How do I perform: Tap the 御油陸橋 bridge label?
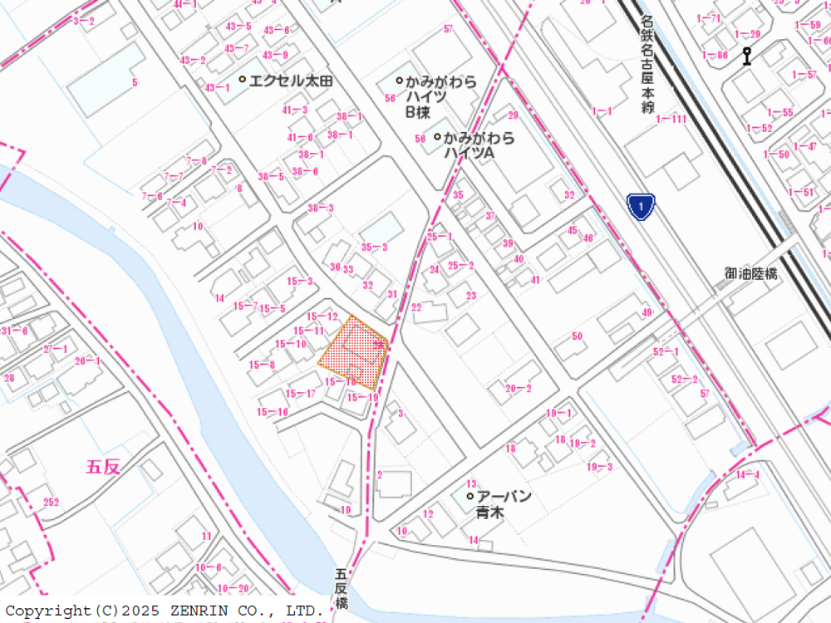tap(750, 273)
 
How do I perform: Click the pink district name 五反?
tap(103, 467)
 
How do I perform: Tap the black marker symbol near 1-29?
tap(747, 56)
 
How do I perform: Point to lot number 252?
tap(51, 502)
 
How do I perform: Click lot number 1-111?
tap(671, 120)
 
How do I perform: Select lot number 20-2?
tap(518, 388)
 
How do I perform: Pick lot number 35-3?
tap(374, 247)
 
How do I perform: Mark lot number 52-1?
tap(666, 351)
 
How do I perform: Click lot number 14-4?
tap(747, 474)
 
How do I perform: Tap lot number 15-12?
tap(322, 316)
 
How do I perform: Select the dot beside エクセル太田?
tap(242, 80)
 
